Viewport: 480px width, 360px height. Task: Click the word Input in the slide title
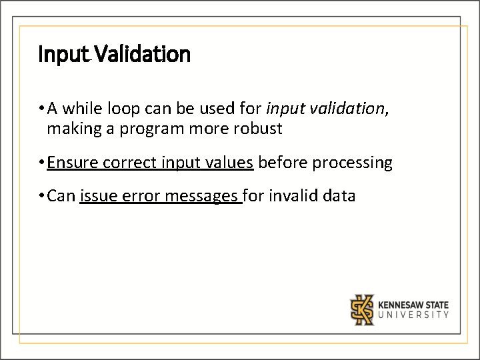pyautogui.click(x=63, y=54)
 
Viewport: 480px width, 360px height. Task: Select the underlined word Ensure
pyautogui.click(x=73, y=163)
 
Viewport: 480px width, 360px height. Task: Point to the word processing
pyautogui.click(x=356, y=163)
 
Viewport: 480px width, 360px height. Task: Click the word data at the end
pyautogui.click(x=341, y=197)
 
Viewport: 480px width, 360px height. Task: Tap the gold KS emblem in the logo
pyautogui.click(x=363, y=309)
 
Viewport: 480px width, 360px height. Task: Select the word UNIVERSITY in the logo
pyautogui.click(x=413, y=315)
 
